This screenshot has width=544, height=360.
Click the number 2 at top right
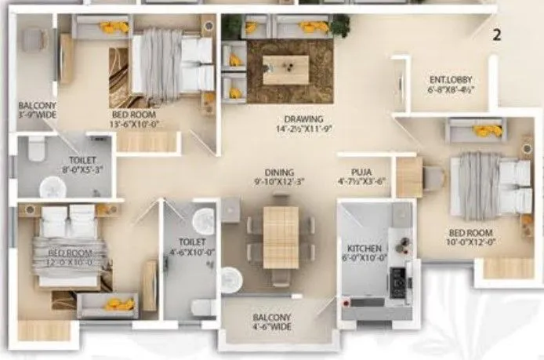click(x=495, y=35)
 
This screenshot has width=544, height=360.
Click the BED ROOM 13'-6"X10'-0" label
click(x=137, y=118)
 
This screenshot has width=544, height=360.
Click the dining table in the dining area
click(x=280, y=236)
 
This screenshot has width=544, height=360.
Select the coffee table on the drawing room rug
click(x=285, y=69)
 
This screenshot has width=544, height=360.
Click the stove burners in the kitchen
click(x=397, y=278)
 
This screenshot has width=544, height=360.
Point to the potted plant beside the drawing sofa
click(x=339, y=25)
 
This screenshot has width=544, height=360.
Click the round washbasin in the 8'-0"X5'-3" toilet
click(x=53, y=187)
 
